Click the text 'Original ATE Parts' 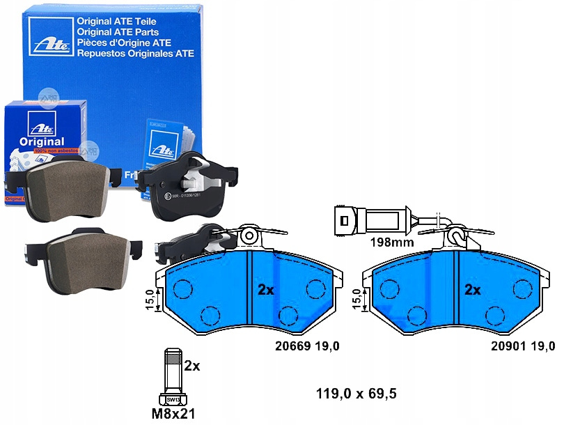(x=116, y=32)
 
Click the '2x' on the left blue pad (x=265, y=289)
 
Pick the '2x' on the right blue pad (x=473, y=290)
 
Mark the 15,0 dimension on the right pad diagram (x=357, y=300)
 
